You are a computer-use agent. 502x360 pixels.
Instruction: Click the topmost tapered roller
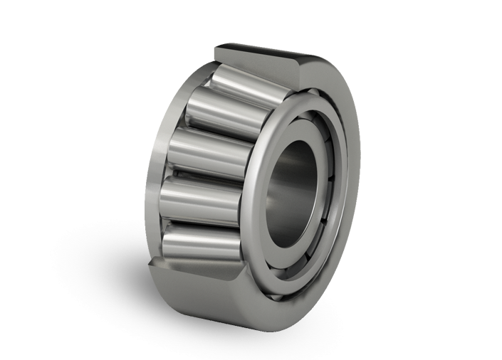pos(246,84)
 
